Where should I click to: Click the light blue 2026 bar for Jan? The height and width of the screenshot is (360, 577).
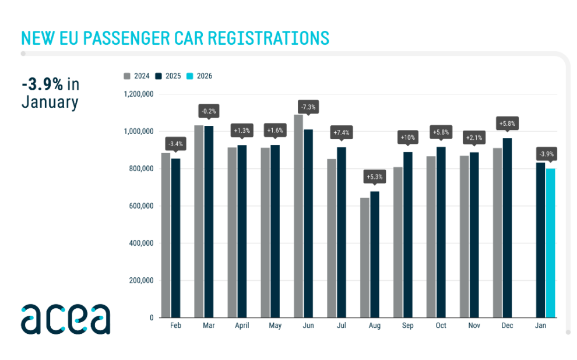tap(551, 243)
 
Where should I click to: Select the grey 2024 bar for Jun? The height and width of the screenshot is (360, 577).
tap(298, 216)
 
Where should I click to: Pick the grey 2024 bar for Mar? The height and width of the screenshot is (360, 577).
tap(199, 221)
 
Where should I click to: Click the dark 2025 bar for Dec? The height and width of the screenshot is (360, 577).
tap(507, 228)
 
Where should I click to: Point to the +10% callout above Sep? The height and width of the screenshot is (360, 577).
tap(407, 138)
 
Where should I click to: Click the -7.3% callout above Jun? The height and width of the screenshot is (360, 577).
tap(308, 107)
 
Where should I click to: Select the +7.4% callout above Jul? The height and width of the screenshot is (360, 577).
tap(341, 133)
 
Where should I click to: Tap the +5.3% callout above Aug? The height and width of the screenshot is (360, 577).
tap(374, 177)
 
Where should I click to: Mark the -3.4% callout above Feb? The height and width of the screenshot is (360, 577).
tap(175, 143)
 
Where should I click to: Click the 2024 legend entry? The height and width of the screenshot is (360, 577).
tap(137, 76)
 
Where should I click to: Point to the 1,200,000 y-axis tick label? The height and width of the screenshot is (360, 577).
tap(138, 94)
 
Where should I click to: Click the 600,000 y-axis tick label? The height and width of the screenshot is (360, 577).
tap(140, 206)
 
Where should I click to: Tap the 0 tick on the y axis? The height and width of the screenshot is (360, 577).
tap(151, 318)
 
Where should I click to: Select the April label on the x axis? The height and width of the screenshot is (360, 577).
tap(241, 326)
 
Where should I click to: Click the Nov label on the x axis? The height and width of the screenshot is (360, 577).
tap(474, 326)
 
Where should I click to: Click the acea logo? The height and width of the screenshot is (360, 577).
tap(65, 319)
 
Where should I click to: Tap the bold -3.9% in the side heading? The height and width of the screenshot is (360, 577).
tap(42, 84)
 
